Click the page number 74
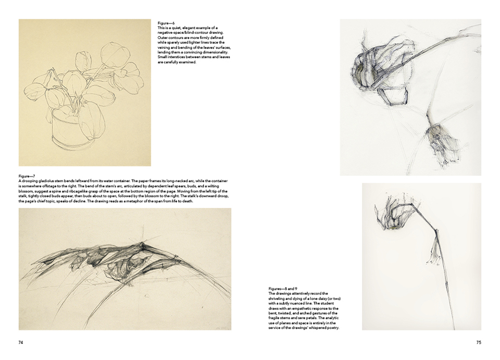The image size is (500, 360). click(21, 342)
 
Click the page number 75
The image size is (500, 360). click(479, 342)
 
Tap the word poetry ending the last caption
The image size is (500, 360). click(333, 328)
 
